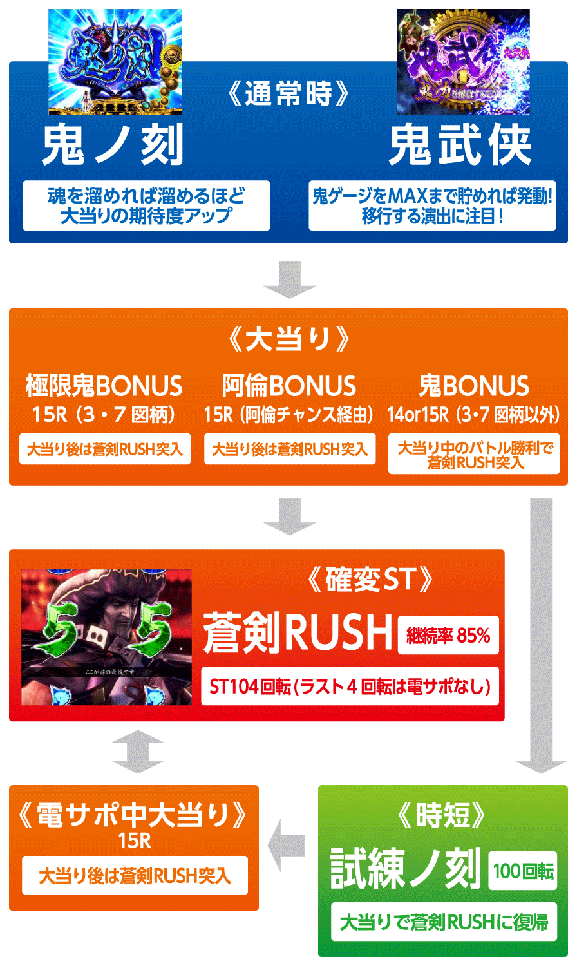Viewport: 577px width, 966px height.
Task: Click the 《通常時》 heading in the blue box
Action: pos(289,95)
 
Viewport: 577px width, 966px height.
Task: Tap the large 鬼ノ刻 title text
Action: pos(113,145)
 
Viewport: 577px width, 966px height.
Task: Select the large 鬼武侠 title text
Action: pos(460,145)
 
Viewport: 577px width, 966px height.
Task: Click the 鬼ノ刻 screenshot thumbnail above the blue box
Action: pos(115,62)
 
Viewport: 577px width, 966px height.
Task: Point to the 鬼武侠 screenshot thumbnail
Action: pos(462,62)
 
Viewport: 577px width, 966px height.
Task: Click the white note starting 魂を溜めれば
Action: pos(146,205)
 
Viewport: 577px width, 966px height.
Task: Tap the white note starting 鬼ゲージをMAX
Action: pos(432,205)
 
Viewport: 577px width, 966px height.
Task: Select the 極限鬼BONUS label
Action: pos(104,386)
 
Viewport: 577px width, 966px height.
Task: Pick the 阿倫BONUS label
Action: pos(289,386)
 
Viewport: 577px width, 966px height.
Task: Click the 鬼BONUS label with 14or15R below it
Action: pos(474,386)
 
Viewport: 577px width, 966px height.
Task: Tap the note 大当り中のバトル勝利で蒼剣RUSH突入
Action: pos(474,455)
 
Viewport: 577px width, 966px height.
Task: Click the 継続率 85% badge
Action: pos(448,636)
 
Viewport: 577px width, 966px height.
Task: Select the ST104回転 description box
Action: pos(350,687)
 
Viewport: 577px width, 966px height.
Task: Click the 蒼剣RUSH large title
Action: pos(298,633)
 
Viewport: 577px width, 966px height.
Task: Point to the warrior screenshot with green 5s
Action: pos(107,637)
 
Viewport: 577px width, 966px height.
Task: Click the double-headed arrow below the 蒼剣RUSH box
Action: pos(138,752)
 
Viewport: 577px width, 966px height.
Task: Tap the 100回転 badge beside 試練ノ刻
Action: pos(523,871)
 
